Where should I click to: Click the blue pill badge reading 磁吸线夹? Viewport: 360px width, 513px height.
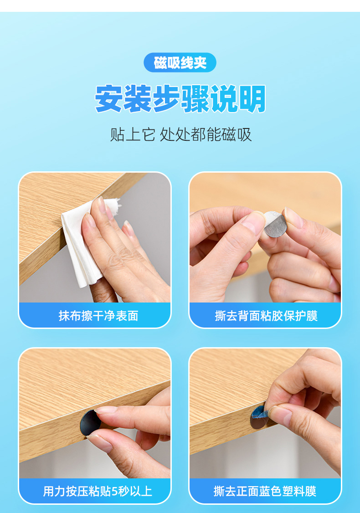coord(180,62)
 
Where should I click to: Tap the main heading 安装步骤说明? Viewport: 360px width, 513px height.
coord(180,98)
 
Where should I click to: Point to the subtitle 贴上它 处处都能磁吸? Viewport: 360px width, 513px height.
coord(181,134)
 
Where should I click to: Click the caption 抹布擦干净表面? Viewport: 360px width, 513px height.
coord(98,316)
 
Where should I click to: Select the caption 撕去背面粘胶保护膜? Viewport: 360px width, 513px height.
coord(266,316)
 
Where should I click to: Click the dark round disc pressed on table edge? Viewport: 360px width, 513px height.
coord(90,423)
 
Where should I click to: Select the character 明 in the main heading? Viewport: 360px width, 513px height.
coord(252,99)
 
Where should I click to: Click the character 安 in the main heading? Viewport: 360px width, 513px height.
coord(109,99)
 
